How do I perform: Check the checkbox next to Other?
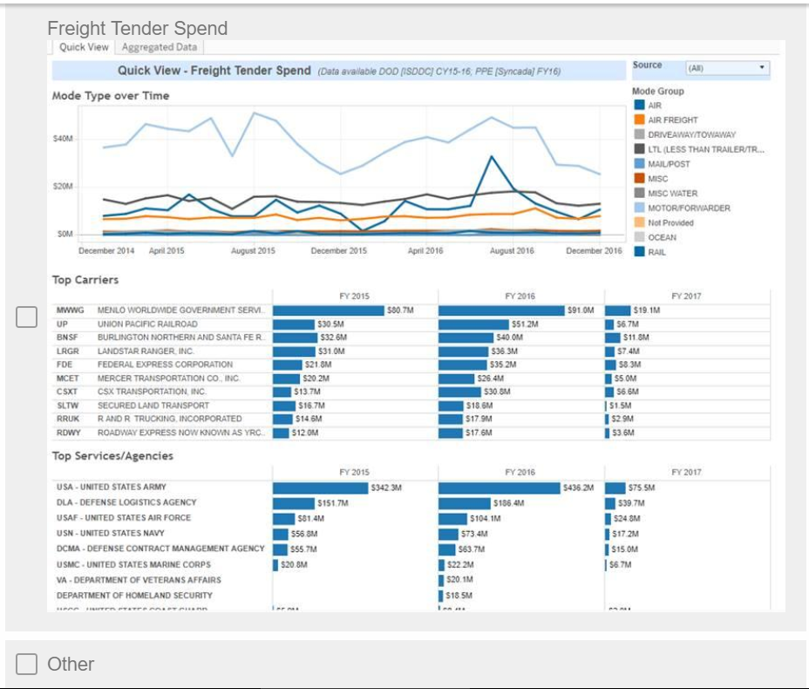(27, 665)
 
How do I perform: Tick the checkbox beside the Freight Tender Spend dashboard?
(27, 317)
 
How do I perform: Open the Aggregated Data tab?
(160, 48)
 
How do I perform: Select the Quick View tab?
(84, 48)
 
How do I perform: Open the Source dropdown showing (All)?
(725, 67)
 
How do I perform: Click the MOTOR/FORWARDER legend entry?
(689, 208)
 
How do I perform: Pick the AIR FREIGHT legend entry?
(673, 119)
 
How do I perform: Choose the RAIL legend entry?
(656, 252)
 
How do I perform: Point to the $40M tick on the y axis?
(63, 139)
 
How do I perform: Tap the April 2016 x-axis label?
(425, 251)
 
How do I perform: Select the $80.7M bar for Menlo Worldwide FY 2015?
(329, 310)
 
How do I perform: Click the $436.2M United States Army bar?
(500, 488)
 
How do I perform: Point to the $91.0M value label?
(580, 310)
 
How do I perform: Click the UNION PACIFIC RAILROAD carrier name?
(147, 324)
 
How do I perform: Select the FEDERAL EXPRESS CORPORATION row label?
(165, 365)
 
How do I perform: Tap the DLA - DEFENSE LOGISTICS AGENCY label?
(126, 502)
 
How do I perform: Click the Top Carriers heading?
(85, 280)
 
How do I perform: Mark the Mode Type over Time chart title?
(111, 96)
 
